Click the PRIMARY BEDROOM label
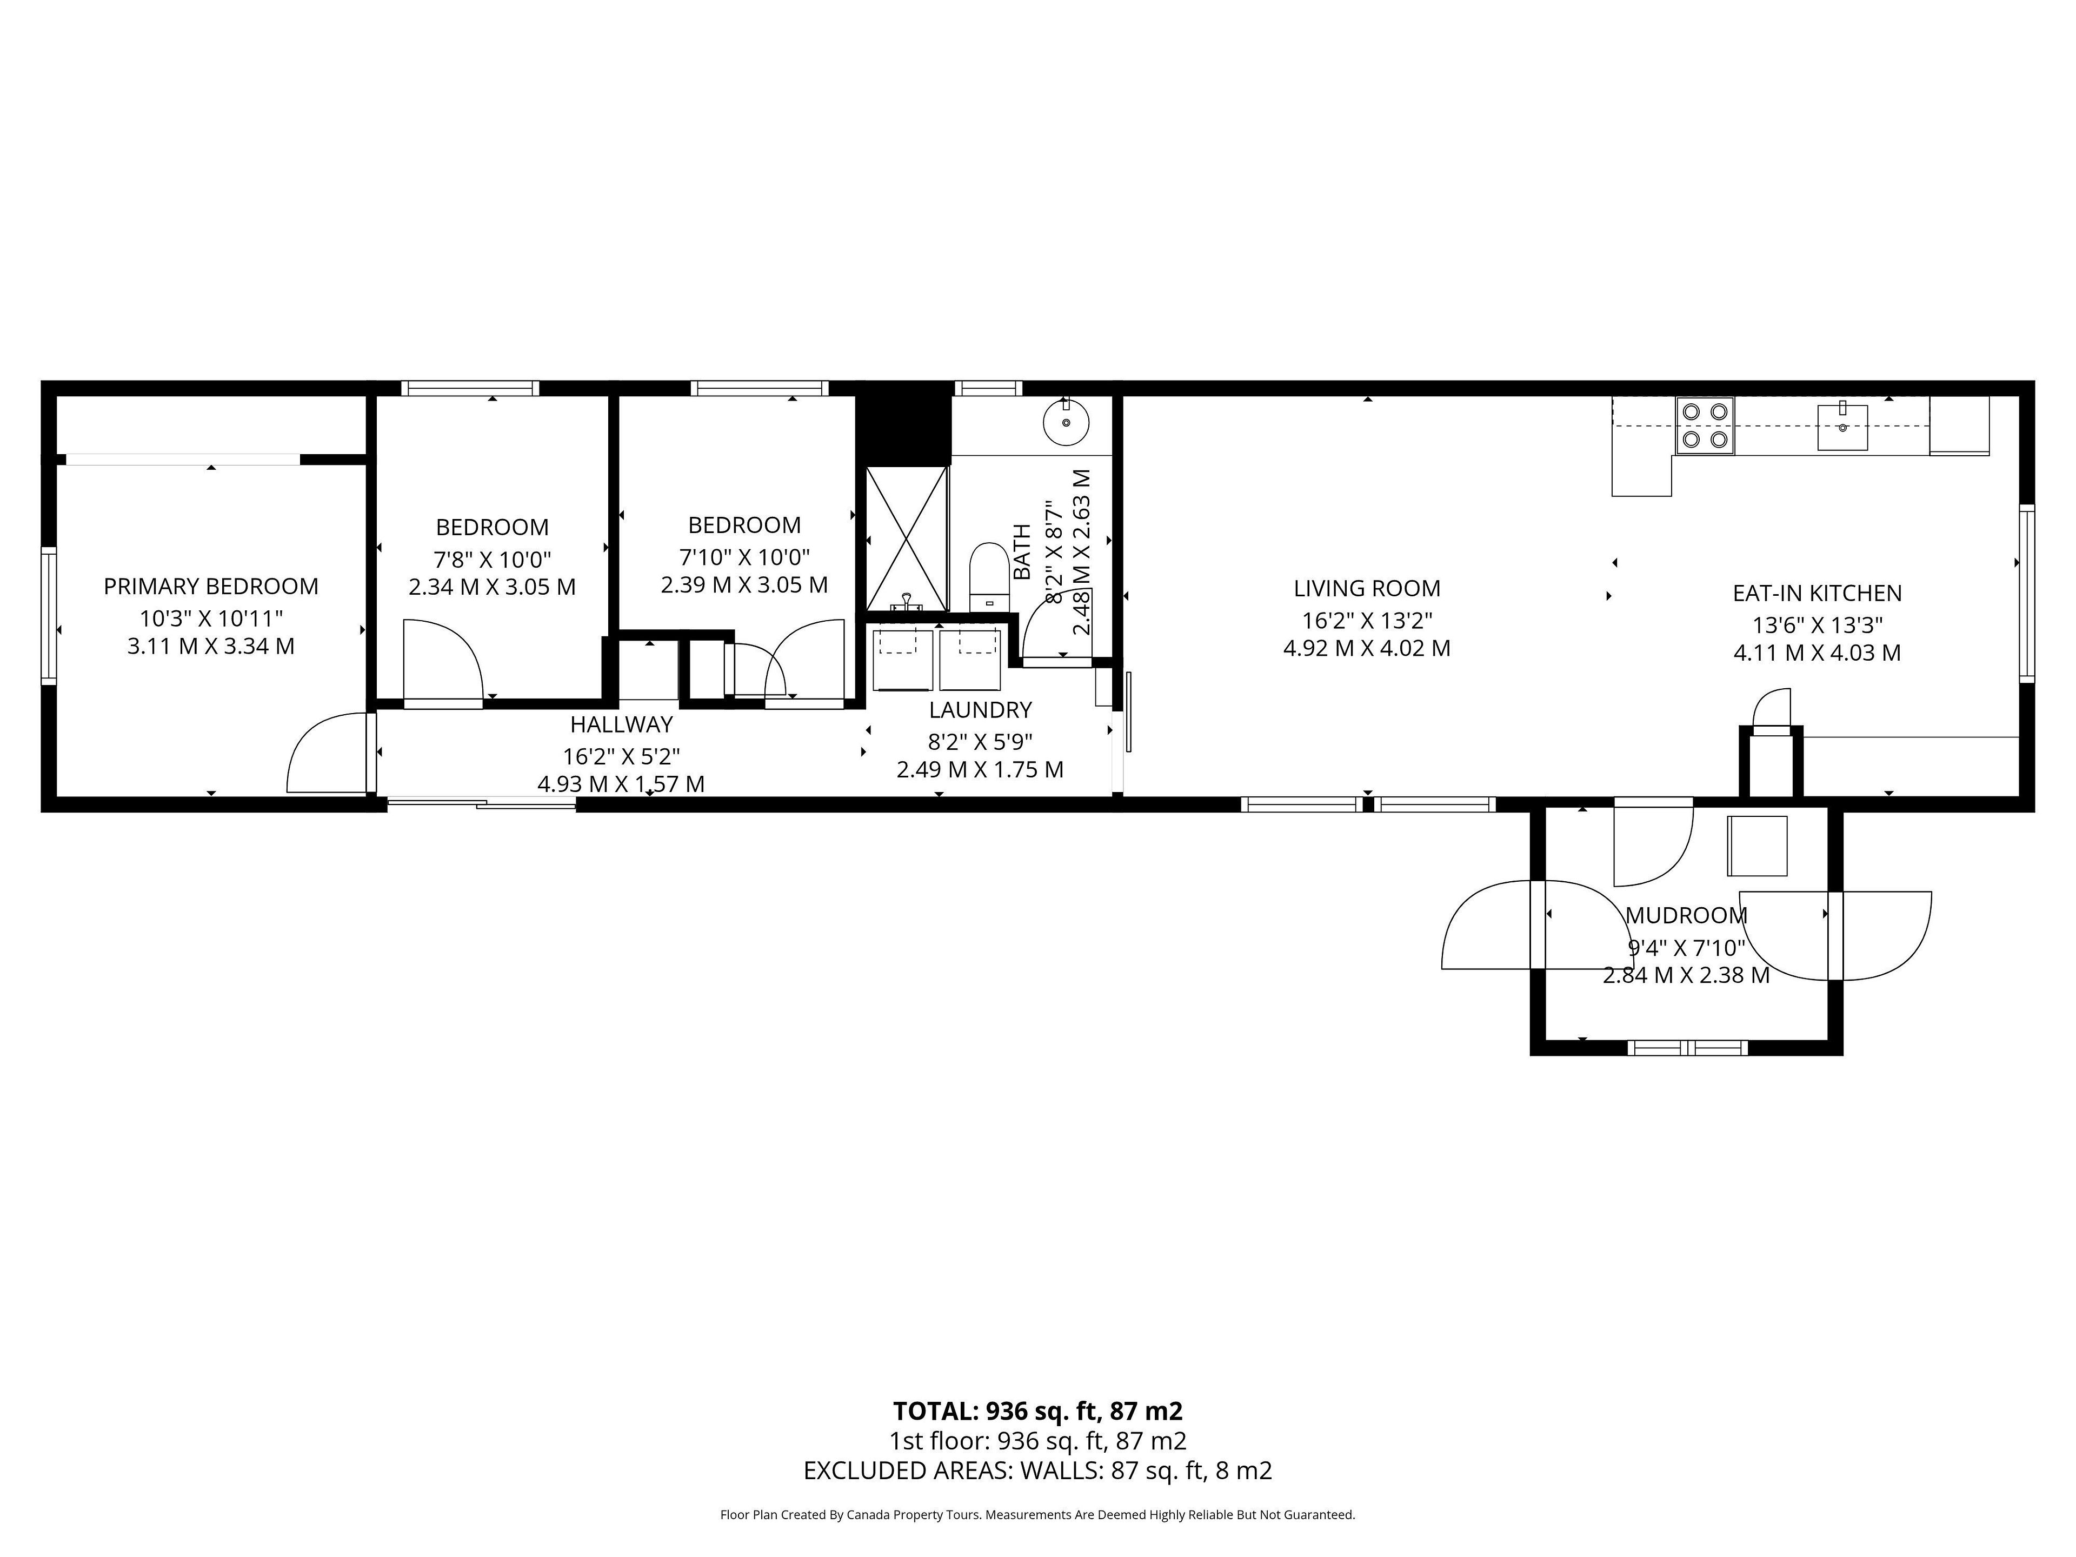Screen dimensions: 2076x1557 tap(211, 587)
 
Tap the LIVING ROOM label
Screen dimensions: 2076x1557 tap(1367, 588)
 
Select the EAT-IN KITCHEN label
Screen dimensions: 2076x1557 tap(1817, 593)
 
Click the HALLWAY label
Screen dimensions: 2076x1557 tap(621, 724)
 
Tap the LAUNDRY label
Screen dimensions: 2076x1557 tap(980, 709)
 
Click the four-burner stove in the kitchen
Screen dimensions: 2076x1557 tap(1705, 425)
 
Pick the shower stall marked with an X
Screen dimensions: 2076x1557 tap(907, 538)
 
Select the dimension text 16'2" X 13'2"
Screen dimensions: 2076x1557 tap(1367, 620)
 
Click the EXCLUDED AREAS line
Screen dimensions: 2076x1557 tap(1037, 1470)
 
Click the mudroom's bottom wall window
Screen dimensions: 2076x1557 tap(1687, 1048)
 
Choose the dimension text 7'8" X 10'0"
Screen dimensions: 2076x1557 tap(492, 560)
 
